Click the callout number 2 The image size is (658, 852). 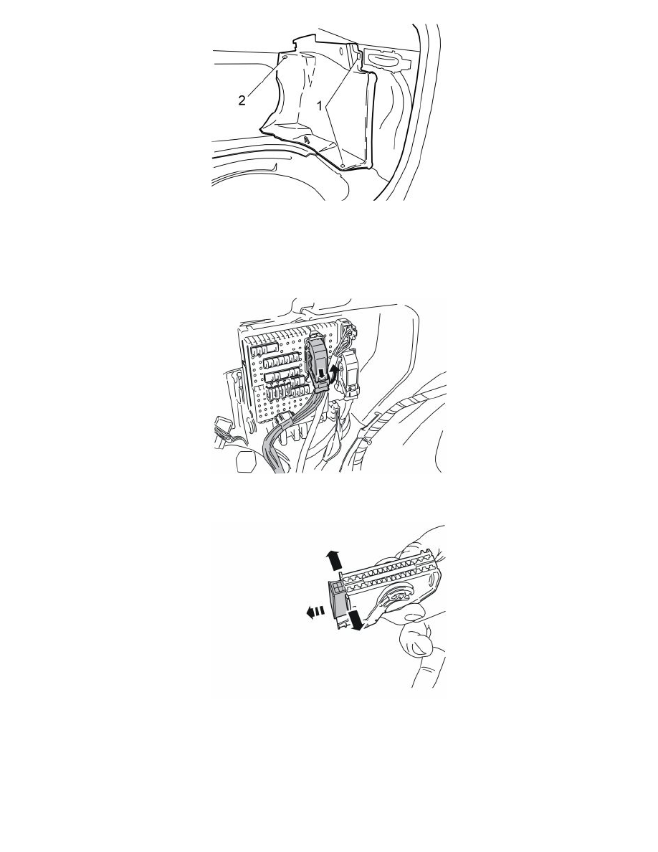(242, 100)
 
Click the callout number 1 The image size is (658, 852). (320, 106)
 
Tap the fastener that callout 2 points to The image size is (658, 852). (285, 56)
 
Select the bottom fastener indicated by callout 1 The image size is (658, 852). (343, 164)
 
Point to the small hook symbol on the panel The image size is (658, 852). (307, 140)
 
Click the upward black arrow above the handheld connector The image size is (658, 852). (333, 559)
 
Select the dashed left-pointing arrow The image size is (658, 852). (315, 612)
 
